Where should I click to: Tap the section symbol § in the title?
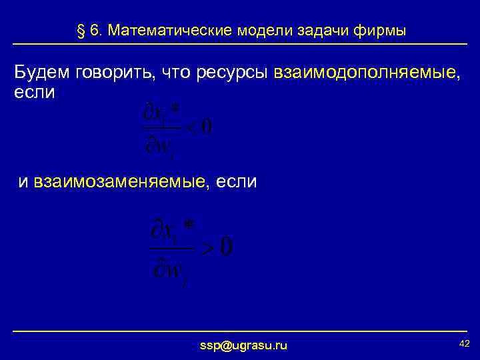click(81, 31)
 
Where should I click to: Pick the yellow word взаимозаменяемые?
click(119, 181)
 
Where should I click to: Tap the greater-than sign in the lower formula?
click(208, 249)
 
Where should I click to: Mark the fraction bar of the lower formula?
click(173, 248)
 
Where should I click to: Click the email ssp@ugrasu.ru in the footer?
click(244, 345)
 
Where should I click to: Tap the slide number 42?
click(465, 343)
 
